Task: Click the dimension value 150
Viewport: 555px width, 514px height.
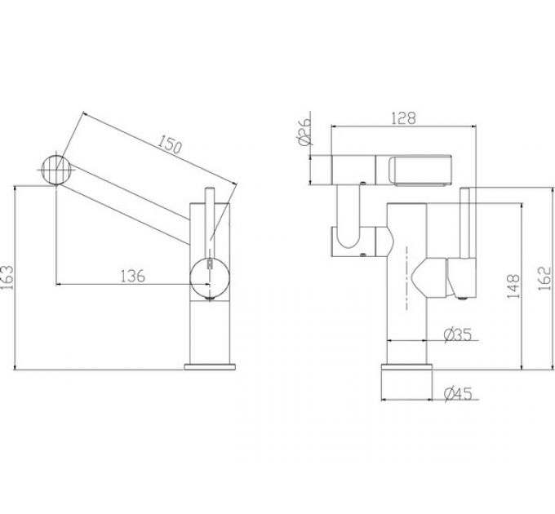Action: [169, 147]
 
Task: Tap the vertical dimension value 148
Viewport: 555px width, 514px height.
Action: [513, 288]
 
